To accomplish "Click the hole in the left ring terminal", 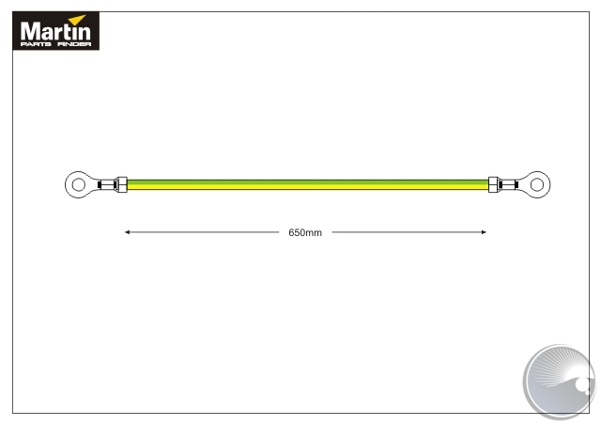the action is tap(78, 184).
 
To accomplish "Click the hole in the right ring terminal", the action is tap(536, 184).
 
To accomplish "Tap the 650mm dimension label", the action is tap(305, 232).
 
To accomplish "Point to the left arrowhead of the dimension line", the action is tap(128, 232).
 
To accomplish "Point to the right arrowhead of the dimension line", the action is tap(484, 232).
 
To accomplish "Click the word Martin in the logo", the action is tap(55, 31).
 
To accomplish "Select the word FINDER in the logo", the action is tap(74, 44).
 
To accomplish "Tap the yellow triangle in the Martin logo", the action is tap(78, 19).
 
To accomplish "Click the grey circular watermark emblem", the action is tap(560, 381).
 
